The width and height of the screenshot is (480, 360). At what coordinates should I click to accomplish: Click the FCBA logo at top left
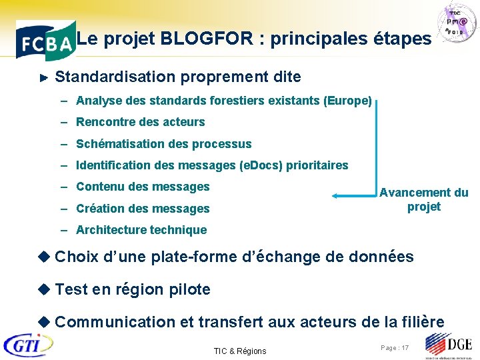point(44,42)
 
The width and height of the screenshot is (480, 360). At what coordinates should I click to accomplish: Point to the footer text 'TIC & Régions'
point(239,351)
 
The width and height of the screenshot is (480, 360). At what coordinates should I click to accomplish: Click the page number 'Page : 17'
point(395,348)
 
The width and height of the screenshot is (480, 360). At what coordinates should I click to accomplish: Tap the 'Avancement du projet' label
point(424,199)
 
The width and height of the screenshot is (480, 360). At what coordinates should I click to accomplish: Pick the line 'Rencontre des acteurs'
point(140,122)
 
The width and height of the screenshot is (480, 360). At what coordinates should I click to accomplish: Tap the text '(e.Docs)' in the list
point(261,165)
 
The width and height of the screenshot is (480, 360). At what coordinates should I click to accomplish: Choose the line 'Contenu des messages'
point(143,187)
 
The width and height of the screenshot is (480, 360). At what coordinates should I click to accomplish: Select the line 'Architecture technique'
point(141,230)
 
